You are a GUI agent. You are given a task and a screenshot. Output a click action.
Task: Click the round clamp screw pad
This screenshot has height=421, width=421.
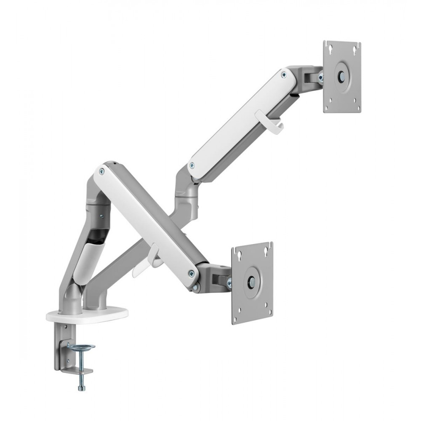(x=81, y=347)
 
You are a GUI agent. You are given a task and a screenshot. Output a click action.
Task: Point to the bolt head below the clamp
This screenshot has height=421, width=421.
(x=81, y=386)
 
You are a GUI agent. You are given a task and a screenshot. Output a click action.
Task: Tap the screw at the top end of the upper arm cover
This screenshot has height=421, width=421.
(x=283, y=75)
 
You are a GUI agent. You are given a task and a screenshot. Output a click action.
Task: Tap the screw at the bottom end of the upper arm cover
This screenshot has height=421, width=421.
(x=192, y=165)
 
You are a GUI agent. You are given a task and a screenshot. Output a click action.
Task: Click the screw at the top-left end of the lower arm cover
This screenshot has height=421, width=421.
(x=101, y=171)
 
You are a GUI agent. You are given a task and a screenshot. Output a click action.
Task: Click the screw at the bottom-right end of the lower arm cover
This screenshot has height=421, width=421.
(x=192, y=273)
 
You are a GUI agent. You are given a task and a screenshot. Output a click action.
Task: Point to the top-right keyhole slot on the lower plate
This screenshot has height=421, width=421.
(x=266, y=252)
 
